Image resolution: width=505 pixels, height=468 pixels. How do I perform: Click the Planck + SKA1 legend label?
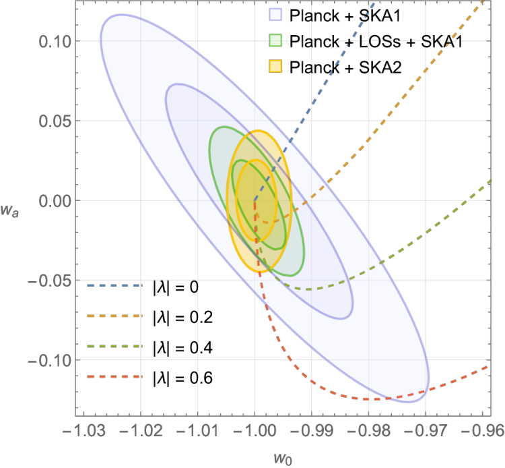[345, 16]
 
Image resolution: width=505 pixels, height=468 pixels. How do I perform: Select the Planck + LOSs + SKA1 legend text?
[376, 41]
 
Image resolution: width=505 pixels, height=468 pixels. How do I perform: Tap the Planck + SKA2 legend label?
[345, 67]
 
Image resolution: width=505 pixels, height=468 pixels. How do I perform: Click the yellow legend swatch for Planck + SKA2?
[275, 67]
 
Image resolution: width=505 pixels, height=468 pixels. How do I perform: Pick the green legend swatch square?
[275, 40]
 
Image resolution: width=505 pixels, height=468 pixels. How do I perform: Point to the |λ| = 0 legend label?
[176, 287]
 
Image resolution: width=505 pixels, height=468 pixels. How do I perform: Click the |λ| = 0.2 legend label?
[183, 318]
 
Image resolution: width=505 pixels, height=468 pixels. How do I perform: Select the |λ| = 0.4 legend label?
[183, 348]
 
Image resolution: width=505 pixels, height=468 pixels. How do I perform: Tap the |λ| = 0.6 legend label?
[183, 378]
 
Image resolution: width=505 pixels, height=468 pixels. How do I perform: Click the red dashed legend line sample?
[114, 376]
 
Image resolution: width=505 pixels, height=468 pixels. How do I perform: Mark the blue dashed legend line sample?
[114, 285]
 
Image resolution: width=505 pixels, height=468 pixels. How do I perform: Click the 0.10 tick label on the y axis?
[55, 42]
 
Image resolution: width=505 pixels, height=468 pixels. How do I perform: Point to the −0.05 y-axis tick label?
[49, 281]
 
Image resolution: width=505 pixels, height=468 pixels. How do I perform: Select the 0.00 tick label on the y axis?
[55, 201]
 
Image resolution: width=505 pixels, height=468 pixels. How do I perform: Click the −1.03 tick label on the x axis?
[83, 431]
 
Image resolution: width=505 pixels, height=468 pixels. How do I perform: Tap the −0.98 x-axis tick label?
[368, 431]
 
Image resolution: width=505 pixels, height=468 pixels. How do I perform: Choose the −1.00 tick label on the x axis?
[255, 431]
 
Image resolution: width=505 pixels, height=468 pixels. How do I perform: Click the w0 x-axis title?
[283, 459]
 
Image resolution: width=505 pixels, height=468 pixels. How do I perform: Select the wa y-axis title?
[9, 211]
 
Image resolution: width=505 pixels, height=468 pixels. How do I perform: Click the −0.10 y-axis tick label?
[49, 361]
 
